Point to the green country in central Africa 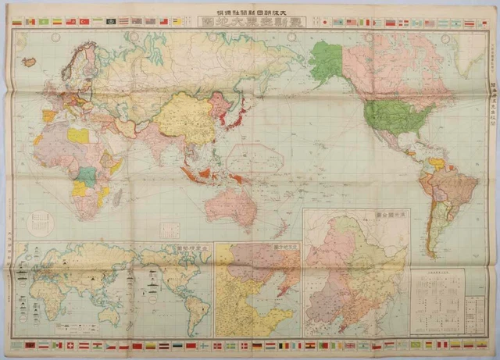(x=88, y=176)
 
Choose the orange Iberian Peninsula (x=49, y=116)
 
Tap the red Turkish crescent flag (x=71, y=22)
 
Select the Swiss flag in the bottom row (x=70, y=344)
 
